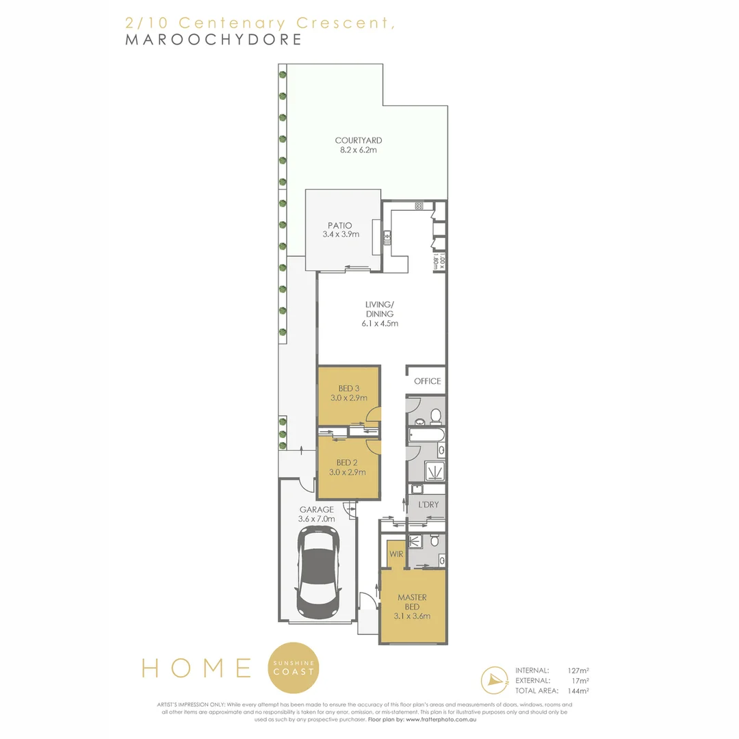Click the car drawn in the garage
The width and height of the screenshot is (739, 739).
click(319, 573)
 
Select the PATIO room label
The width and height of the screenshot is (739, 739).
click(339, 225)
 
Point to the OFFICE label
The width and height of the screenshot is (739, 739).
click(427, 381)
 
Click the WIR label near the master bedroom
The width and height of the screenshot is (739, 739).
click(395, 554)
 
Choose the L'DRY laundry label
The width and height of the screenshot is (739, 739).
click(428, 505)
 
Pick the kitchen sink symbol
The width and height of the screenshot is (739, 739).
click(387, 238)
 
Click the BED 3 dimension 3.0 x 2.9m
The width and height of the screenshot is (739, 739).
click(348, 398)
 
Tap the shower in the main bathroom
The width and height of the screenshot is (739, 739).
click(433, 471)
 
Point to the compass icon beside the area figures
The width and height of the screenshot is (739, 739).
click(495, 680)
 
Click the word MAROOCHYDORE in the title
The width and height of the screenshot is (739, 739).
click(213, 39)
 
